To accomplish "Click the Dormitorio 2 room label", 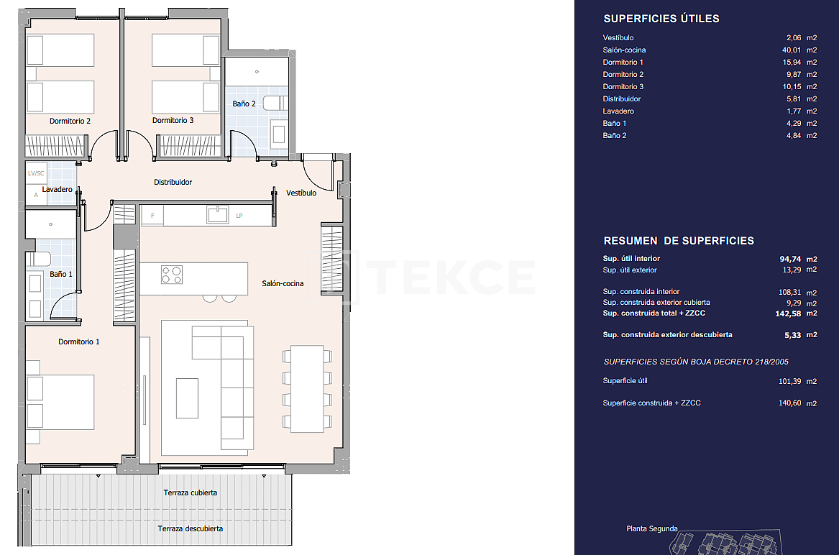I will [x=70, y=121].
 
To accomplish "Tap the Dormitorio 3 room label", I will [x=173, y=121].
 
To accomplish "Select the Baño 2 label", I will [x=244, y=104].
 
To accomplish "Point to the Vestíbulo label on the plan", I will [x=301, y=193].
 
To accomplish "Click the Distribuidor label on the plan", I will [x=173, y=183].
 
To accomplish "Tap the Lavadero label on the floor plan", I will [x=57, y=190].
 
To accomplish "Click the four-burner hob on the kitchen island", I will [x=171, y=275].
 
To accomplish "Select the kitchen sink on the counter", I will [x=217, y=214].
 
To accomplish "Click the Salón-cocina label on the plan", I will [x=283, y=283].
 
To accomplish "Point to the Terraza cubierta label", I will [x=191, y=492].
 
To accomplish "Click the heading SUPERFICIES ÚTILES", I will [x=661, y=19].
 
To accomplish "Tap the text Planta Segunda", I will [x=651, y=528].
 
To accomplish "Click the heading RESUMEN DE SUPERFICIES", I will [x=679, y=241].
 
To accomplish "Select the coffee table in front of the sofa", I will [x=187, y=398].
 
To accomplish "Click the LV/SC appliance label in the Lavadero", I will [x=36, y=173].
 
